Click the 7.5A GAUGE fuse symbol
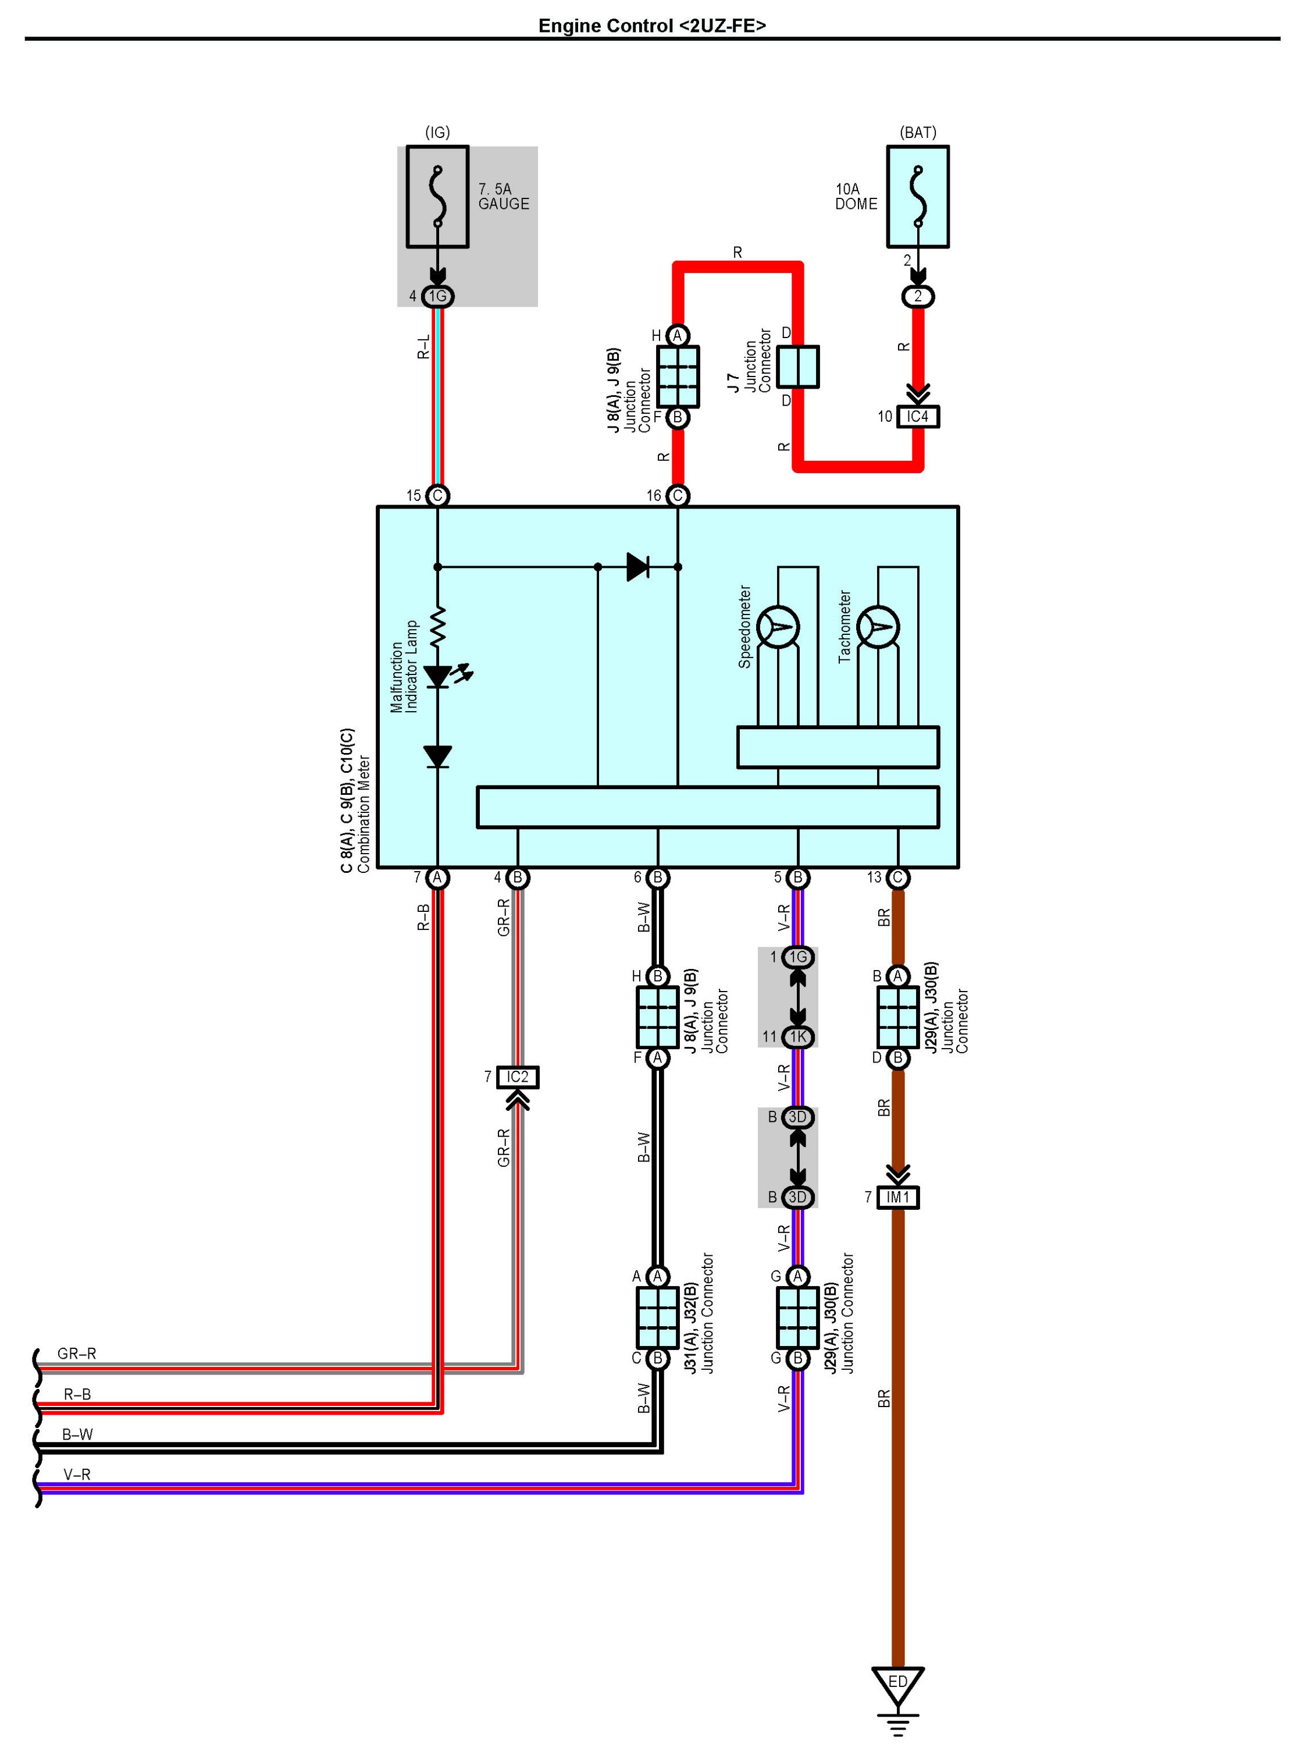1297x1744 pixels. tap(437, 197)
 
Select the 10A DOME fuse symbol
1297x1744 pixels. tap(918, 197)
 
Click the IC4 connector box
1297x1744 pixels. tap(918, 417)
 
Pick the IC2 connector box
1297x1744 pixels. tap(518, 1077)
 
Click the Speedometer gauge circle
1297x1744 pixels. tap(778, 628)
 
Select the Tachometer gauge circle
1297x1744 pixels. tap(879, 628)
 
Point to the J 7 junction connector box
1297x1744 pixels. tap(797, 367)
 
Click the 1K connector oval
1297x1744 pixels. tap(797, 1037)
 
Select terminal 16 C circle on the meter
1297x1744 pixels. tap(678, 496)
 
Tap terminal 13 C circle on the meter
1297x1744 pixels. tap(898, 878)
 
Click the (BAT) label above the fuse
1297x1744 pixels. tap(918, 132)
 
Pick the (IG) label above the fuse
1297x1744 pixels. tap(437, 132)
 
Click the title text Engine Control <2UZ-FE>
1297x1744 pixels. tap(651, 26)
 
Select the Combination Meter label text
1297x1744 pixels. tap(364, 815)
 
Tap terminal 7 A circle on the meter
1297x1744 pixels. tap(437, 878)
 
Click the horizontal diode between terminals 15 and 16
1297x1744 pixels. tap(638, 566)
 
